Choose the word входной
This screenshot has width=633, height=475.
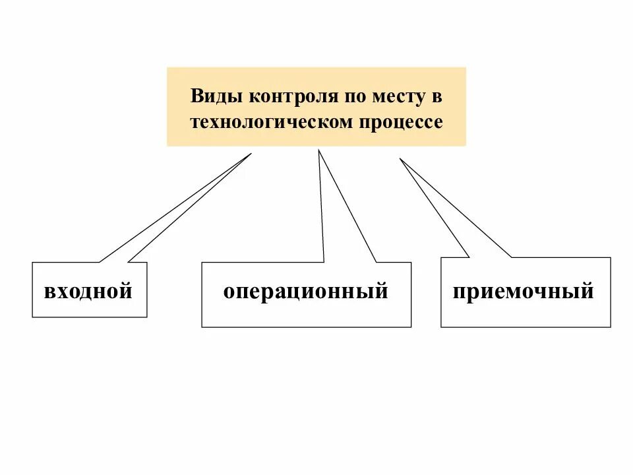[88, 291]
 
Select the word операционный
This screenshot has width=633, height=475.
[305, 291]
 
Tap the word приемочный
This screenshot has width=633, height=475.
[523, 291]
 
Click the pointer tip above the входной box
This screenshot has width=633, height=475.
[251, 154]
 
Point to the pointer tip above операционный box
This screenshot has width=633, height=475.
[319, 150]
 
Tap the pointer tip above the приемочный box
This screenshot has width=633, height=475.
[400, 158]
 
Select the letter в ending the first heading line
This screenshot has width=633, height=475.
[437, 97]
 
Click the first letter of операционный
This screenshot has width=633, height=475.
[228, 292]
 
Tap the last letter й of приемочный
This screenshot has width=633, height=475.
[587, 291]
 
